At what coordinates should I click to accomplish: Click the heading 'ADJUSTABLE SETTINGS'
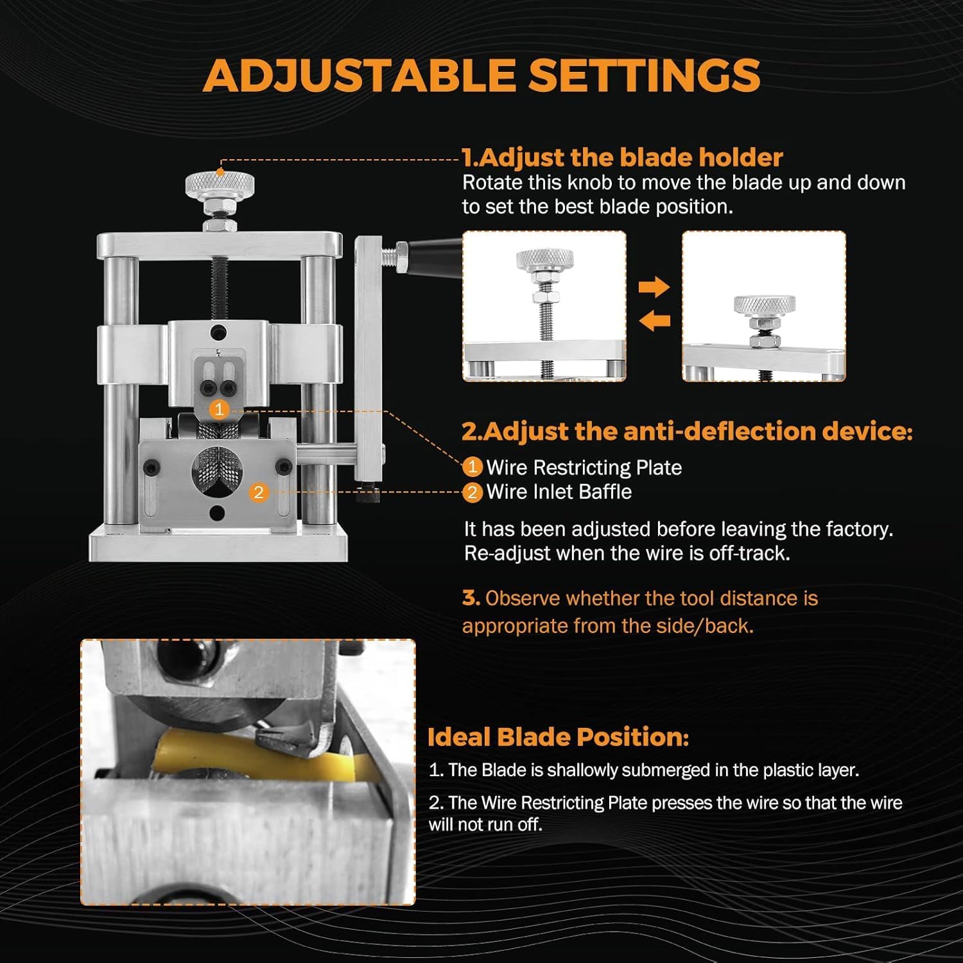(481, 75)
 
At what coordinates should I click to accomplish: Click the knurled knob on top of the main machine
(220, 186)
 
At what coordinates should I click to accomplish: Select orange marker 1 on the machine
(220, 409)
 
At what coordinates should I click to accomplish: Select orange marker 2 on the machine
(258, 492)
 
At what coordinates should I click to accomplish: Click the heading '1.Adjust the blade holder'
(622, 157)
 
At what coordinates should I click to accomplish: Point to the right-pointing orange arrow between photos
(654, 286)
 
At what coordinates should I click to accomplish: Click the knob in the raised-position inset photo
(545, 260)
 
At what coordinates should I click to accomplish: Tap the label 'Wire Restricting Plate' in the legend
(584, 467)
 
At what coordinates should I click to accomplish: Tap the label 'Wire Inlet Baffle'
(559, 492)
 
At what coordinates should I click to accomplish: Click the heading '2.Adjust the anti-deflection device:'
(687, 431)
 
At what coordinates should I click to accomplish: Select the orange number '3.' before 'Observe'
(471, 598)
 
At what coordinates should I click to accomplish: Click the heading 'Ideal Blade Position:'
(558, 737)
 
